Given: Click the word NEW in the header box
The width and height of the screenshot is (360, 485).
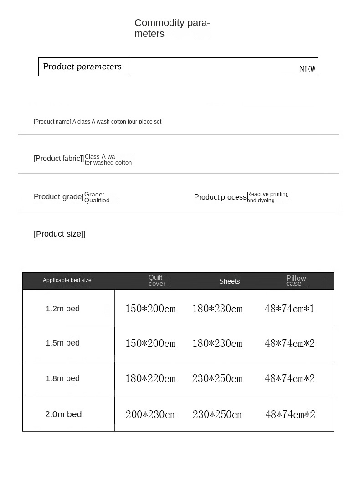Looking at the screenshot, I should tap(307, 69).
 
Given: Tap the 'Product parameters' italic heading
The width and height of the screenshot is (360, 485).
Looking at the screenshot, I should tap(82, 67).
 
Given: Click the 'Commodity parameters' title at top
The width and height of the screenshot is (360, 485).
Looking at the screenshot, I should tap(172, 28).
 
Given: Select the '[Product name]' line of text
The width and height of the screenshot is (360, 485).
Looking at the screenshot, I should tap(98, 122).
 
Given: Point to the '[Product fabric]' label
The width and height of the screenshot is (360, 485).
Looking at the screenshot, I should tap(59, 158).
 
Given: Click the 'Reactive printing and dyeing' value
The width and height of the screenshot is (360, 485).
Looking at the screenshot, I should tap(267, 197).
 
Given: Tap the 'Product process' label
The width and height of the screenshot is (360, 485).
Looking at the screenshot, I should tap(221, 197).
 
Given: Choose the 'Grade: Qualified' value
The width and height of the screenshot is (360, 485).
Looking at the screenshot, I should tap(97, 197).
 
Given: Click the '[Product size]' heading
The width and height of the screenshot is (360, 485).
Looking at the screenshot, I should tap(60, 234).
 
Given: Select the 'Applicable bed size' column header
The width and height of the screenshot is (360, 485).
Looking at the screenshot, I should tap(67, 280).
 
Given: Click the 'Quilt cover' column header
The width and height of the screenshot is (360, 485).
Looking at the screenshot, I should tap(157, 280).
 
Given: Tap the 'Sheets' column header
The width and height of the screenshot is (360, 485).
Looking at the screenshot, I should tap(229, 281).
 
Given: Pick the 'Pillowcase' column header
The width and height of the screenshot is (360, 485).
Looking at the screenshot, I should tap(297, 281).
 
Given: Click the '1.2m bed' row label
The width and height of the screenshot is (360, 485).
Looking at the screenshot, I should tap(62, 309).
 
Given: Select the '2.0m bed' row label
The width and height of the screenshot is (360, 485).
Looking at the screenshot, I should tap(63, 414).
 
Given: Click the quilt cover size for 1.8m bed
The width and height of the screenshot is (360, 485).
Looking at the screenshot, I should tap(150, 378).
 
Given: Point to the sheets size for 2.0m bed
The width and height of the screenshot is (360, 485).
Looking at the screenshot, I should tap(217, 414).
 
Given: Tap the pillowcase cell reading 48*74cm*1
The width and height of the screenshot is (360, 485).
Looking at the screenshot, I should tap(289, 309).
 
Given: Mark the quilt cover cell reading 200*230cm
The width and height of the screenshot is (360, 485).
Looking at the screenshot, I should tap(150, 414).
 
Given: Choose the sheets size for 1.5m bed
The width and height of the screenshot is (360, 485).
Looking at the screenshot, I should tap(217, 343).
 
